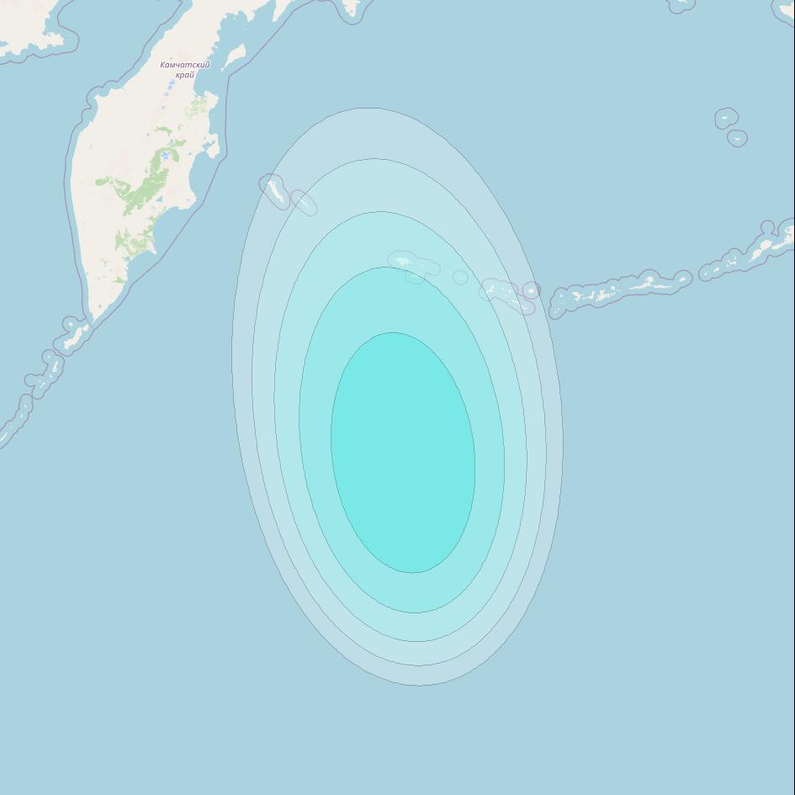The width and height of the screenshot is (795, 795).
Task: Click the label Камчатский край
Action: (185, 70)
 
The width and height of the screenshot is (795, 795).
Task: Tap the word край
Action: (185, 75)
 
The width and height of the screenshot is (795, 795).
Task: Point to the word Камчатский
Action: (185, 65)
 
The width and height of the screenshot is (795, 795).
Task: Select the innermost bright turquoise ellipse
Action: (403, 453)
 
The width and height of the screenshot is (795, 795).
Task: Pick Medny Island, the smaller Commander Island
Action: (304, 202)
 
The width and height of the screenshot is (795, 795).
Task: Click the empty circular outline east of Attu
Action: (460, 277)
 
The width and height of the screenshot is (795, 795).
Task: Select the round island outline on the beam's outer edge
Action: (531, 290)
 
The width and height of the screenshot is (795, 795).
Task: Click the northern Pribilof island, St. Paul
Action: (727, 119)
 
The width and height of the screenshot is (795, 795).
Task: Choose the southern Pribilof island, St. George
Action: (738, 138)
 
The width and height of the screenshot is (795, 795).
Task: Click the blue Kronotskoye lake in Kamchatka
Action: (167, 156)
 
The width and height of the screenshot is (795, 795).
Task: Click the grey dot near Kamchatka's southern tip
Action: (100, 306)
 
